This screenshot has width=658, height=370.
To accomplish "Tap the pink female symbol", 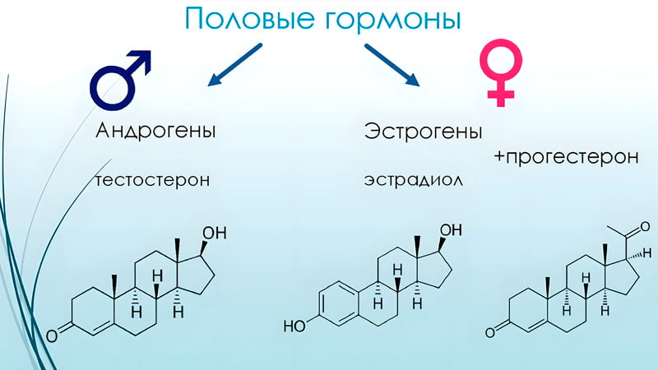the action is [501, 73].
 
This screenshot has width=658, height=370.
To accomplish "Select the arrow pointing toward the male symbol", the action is [235, 65].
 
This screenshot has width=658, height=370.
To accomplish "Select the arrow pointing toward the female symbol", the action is [392, 65].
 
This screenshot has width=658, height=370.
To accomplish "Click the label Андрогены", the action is [155, 131].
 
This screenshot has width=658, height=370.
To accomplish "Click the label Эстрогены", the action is [423, 131].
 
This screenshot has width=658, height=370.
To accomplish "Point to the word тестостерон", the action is [153, 180].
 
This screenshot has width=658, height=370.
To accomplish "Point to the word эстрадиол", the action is [414, 180].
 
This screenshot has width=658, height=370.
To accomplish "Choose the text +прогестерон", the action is [567, 157].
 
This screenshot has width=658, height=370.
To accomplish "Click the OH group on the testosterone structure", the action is [215, 234].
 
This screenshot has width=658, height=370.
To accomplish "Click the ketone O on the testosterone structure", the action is [52, 336].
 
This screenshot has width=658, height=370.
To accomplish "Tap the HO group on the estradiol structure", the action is [294, 326].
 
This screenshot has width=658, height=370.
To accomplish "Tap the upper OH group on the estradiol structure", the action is [451, 230].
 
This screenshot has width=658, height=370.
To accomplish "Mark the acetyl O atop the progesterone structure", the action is [644, 228].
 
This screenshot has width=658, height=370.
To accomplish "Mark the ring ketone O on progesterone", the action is [490, 333].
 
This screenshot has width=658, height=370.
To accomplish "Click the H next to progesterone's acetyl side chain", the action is [648, 253].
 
